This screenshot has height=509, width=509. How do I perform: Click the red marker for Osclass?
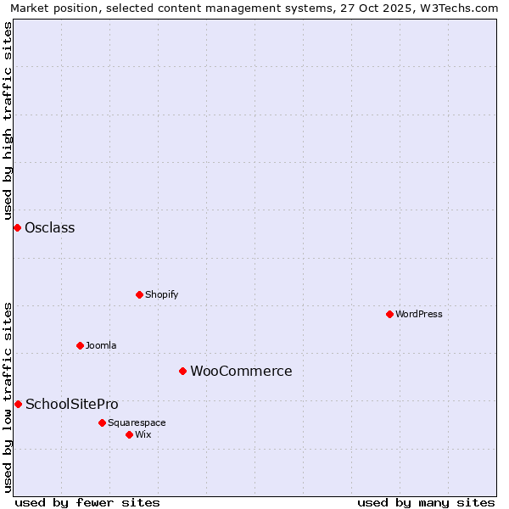click(x=17, y=227)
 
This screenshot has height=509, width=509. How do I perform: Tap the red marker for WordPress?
click(x=389, y=314)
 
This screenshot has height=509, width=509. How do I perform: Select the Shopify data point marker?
click(x=139, y=294)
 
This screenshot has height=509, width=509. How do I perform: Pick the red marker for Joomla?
click(x=80, y=345)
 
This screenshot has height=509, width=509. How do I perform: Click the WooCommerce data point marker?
click(x=182, y=371)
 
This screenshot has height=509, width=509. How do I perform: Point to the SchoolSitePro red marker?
click(x=18, y=404)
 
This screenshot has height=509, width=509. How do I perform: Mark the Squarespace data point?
click(x=102, y=422)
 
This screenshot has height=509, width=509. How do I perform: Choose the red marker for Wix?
click(x=129, y=434)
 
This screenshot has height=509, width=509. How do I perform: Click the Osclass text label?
click(x=50, y=227)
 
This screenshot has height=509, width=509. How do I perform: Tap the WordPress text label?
click(x=419, y=314)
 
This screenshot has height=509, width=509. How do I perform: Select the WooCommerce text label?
click(x=241, y=371)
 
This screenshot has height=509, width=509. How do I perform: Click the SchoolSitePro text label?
click(x=72, y=404)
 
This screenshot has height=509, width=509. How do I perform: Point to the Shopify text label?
click(x=162, y=294)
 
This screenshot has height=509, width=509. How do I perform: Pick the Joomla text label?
click(x=101, y=345)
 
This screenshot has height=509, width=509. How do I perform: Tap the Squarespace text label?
click(x=137, y=422)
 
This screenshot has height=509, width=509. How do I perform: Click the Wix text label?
click(x=143, y=434)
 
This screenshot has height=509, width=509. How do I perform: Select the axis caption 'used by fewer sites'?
click(x=87, y=502)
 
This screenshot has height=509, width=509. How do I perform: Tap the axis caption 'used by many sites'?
click(x=426, y=502)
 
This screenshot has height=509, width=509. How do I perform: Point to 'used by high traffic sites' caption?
click(x=8, y=119)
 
